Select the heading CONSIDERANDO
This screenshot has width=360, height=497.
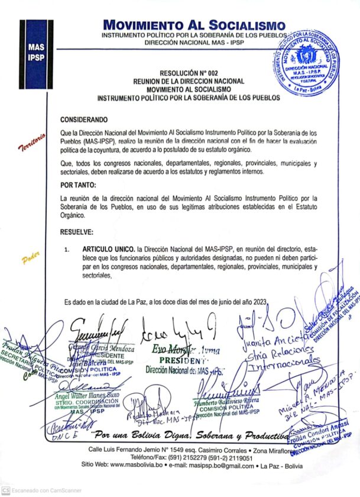[85, 119]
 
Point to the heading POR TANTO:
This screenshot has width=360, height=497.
[78, 185]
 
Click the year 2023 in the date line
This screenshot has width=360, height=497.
[258, 302]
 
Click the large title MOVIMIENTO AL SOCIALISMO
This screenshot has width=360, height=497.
[194, 25]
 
